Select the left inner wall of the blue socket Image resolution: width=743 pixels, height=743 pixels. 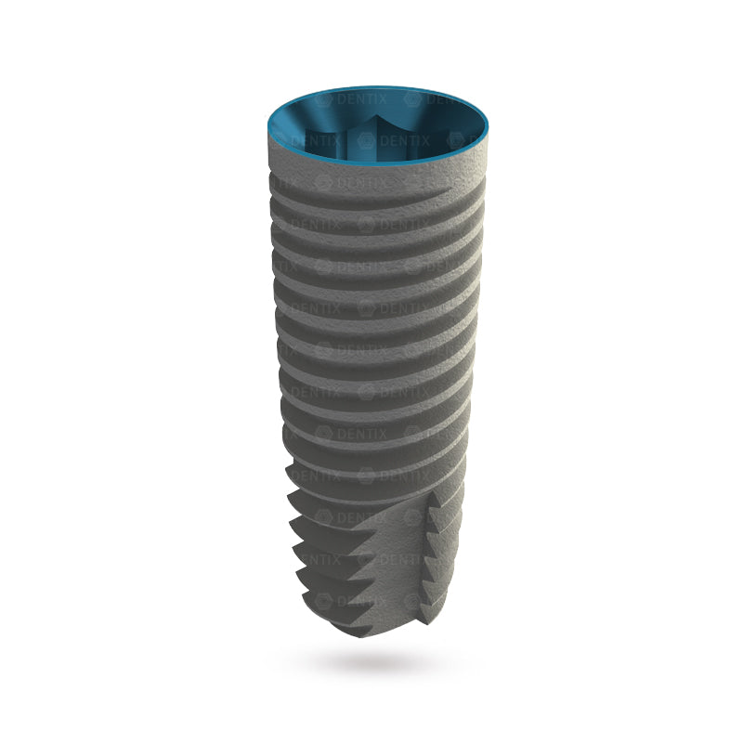(x=297, y=130)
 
